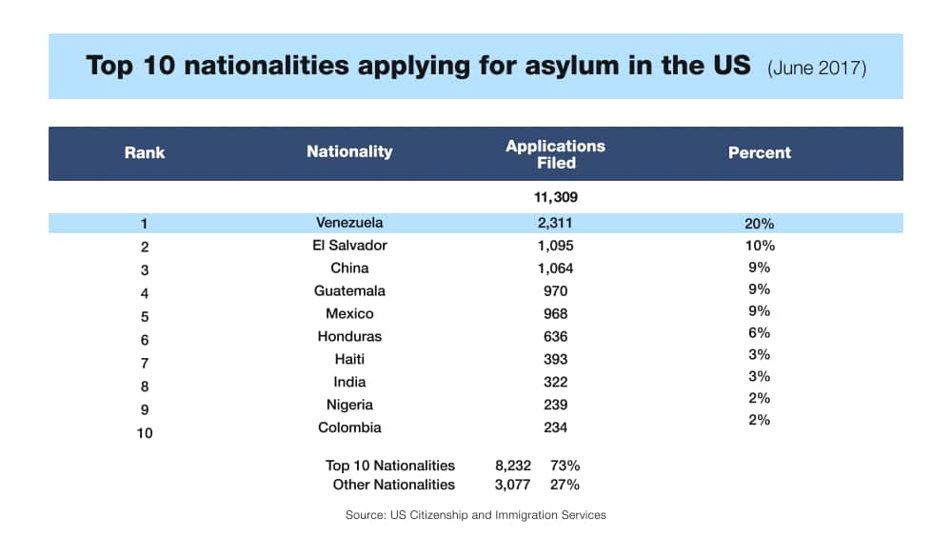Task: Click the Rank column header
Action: pyautogui.click(x=144, y=152)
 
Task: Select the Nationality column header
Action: pyautogui.click(x=349, y=152)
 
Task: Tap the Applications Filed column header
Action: pyautogui.click(x=555, y=154)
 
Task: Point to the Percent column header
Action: pyautogui.click(x=759, y=152)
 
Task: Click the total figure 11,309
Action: pyautogui.click(x=556, y=198)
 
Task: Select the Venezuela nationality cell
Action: pyautogui.click(x=349, y=223)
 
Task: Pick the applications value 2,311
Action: pyautogui.click(x=555, y=223)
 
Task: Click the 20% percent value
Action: pyautogui.click(x=759, y=224)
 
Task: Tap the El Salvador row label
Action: pyautogui.click(x=349, y=246)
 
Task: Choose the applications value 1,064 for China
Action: pyautogui.click(x=555, y=268)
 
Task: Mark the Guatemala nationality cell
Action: pyautogui.click(x=349, y=291)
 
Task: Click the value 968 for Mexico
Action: pyautogui.click(x=555, y=314)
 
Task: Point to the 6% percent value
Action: pyautogui.click(x=759, y=333)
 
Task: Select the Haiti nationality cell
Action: pyautogui.click(x=349, y=359)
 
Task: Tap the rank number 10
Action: pyautogui.click(x=144, y=433)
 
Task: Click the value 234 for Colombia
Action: pyautogui.click(x=555, y=427)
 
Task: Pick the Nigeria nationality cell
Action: pyautogui.click(x=349, y=405)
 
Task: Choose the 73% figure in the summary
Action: pyautogui.click(x=565, y=466)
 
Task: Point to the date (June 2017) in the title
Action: pyautogui.click(x=816, y=69)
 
